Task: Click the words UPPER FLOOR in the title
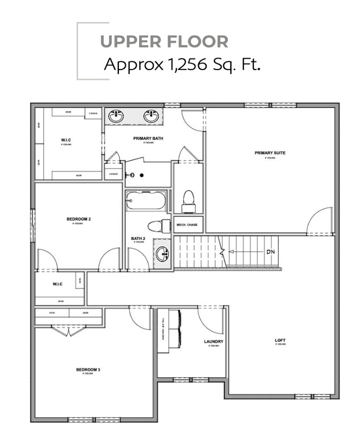[164, 42]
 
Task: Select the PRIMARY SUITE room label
[270, 153]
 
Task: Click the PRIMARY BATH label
[148, 138]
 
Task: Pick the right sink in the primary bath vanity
[152, 115]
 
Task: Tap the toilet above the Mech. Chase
[188, 200]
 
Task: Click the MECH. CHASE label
[188, 223]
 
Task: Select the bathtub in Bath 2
[146, 201]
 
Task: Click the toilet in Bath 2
[157, 225]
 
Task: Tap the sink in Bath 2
[162, 254]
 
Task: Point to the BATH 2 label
[137, 238]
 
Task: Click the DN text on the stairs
[270, 252]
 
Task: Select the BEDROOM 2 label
[79, 219]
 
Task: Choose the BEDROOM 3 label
[88, 370]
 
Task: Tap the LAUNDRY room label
[213, 341]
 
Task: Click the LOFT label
[281, 340]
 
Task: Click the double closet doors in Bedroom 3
[68, 331]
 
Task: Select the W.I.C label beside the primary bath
[66, 140]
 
